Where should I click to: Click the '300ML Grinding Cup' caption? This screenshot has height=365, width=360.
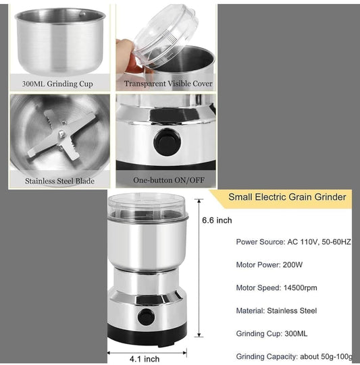pyautogui.click(x=57, y=84)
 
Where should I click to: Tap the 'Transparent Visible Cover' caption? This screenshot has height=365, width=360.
pyautogui.click(x=168, y=84)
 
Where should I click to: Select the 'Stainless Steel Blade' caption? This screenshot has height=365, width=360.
pyautogui.click(x=60, y=181)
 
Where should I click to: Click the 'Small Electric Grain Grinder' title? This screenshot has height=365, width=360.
pyautogui.click(x=287, y=197)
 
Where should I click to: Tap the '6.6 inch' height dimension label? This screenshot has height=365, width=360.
pyautogui.click(x=217, y=221)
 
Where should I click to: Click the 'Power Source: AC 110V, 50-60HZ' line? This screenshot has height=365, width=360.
pyautogui.click(x=294, y=242)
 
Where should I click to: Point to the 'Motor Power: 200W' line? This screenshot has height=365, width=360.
pyautogui.click(x=270, y=264)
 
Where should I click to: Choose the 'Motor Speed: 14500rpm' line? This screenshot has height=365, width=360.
pyautogui.click(x=277, y=287)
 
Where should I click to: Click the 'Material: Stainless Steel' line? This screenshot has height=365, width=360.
pyautogui.click(x=276, y=310)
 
